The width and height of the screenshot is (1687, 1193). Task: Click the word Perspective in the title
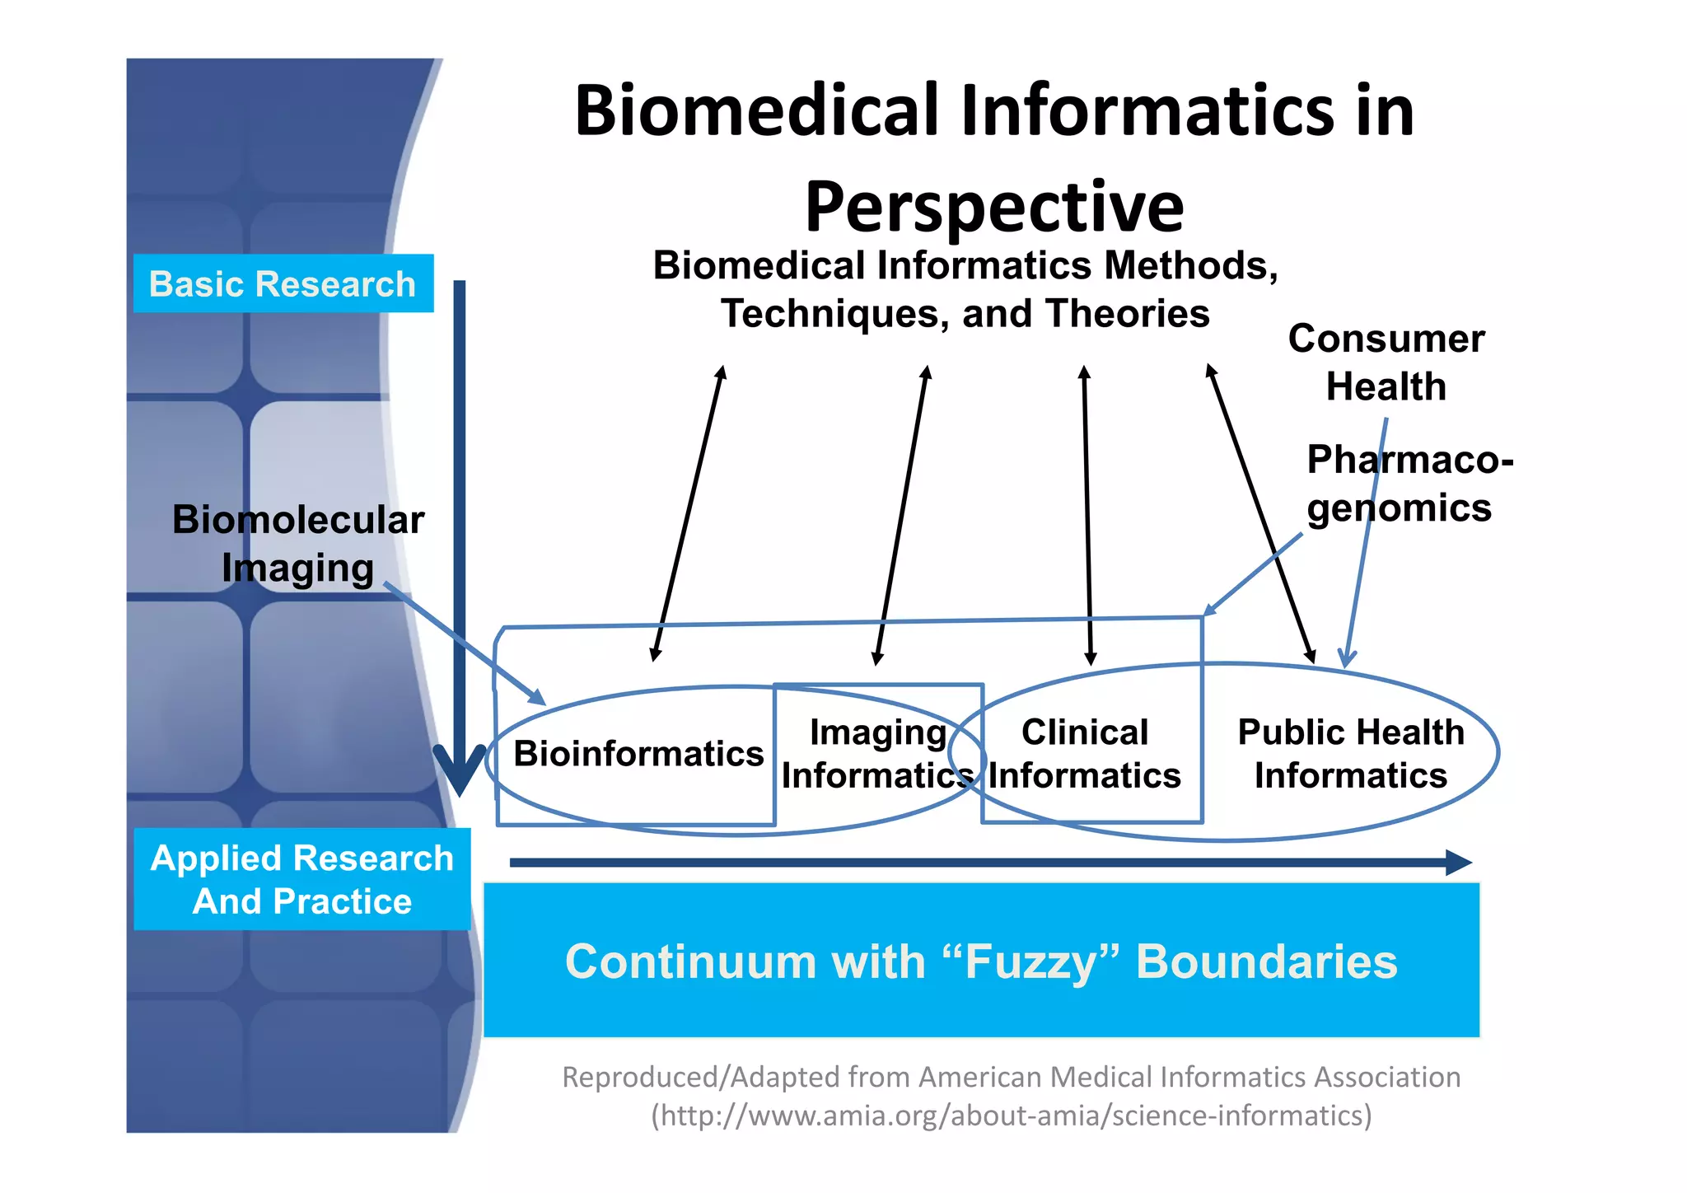coord(994,208)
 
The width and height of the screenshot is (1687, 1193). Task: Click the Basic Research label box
coord(283,283)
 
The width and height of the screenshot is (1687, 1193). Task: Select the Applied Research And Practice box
coord(301,879)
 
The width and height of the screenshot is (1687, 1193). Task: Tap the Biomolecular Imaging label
coord(297,544)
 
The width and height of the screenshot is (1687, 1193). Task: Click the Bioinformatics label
coord(638,753)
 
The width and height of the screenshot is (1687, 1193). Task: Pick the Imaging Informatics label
coord(877,753)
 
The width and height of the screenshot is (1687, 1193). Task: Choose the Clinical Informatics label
coord(1084,753)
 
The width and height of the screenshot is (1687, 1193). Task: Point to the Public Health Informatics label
coord(1350,753)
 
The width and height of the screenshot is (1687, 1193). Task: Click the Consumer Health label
coord(1386,363)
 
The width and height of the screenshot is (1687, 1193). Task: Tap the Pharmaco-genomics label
coord(1409,484)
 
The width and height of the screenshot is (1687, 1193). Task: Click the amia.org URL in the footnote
coord(1012,1116)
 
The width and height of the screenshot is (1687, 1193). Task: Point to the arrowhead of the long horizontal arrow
coord(1459,863)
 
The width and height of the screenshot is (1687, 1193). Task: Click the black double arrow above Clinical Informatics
coord(1087,515)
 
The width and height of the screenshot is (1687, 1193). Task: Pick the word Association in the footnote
coord(1386,1077)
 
